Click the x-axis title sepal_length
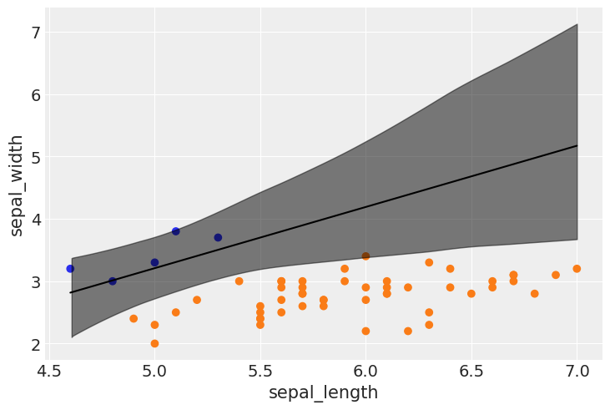point(323,392)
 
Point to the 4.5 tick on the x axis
point(49,367)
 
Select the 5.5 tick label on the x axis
point(260,367)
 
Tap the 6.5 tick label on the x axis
point(471,367)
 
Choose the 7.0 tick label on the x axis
point(577,367)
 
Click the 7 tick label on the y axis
point(36,33)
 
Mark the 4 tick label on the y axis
point(36,220)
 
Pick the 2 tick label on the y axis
point(36,344)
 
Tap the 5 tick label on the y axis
point(36,157)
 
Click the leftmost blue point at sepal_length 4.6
point(70,269)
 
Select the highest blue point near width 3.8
point(176,231)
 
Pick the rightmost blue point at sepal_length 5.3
point(218,237)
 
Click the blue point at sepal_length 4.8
point(113,281)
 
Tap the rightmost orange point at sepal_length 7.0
point(577,269)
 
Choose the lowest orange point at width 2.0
point(154,343)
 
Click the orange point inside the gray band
point(365,256)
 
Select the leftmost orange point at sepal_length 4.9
point(134,318)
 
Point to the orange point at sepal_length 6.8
point(535,294)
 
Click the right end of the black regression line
point(577,146)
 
